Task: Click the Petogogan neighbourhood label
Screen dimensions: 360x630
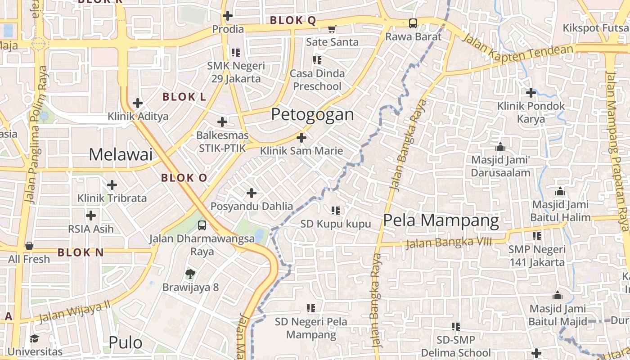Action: [x=312, y=114]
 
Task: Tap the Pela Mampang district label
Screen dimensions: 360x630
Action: [x=441, y=220]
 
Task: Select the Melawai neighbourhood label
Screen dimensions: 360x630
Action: [x=121, y=154]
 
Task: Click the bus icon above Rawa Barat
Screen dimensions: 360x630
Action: [x=413, y=23]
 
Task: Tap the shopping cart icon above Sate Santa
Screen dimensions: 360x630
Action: [x=332, y=29]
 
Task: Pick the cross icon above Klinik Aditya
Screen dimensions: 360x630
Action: [x=138, y=103]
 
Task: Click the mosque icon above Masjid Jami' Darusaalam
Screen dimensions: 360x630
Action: [x=500, y=147]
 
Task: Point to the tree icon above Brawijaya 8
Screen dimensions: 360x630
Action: [x=190, y=274]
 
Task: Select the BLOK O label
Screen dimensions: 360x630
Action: [x=184, y=178]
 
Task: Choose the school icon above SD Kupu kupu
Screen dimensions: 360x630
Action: [x=335, y=210]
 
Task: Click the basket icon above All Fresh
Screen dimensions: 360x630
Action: [x=29, y=246]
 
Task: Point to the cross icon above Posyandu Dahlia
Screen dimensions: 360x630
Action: [x=252, y=193]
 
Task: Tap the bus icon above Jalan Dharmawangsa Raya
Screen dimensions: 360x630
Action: [x=202, y=225]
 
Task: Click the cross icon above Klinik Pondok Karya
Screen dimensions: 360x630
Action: [x=531, y=93]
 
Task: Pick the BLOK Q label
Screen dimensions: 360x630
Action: [x=293, y=21]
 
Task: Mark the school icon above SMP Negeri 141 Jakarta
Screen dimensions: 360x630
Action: [x=537, y=236]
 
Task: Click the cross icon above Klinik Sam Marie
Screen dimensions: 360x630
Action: [x=301, y=137]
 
